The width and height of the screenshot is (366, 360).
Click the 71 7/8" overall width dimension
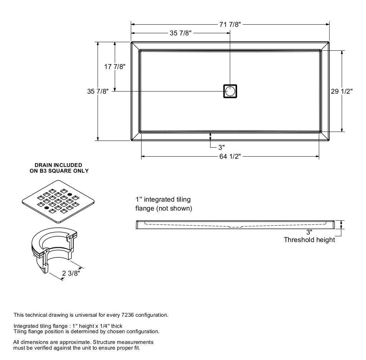[x=230, y=24]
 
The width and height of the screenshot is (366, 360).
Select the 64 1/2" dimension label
[x=230, y=157]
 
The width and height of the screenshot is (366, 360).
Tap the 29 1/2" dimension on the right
[x=342, y=91]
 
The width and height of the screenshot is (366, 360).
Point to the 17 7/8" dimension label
[x=115, y=67]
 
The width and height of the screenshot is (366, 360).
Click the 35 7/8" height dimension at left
[x=98, y=91]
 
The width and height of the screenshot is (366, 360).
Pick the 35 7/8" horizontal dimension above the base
[x=180, y=33]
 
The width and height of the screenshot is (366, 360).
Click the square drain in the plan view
[x=230, y=91]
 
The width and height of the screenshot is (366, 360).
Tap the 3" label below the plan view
[x=222, y=147]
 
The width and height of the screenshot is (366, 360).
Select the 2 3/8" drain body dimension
[x=71, y=273]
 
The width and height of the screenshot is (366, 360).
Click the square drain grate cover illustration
[x=58, y=202]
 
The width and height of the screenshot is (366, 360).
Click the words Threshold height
[x=309, y=240]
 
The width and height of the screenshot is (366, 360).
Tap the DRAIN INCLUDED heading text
[x=58, y=165]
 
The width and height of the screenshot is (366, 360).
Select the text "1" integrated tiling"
[x=163, y=199]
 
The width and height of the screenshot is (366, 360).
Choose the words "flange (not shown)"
[x=164, y=208]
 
